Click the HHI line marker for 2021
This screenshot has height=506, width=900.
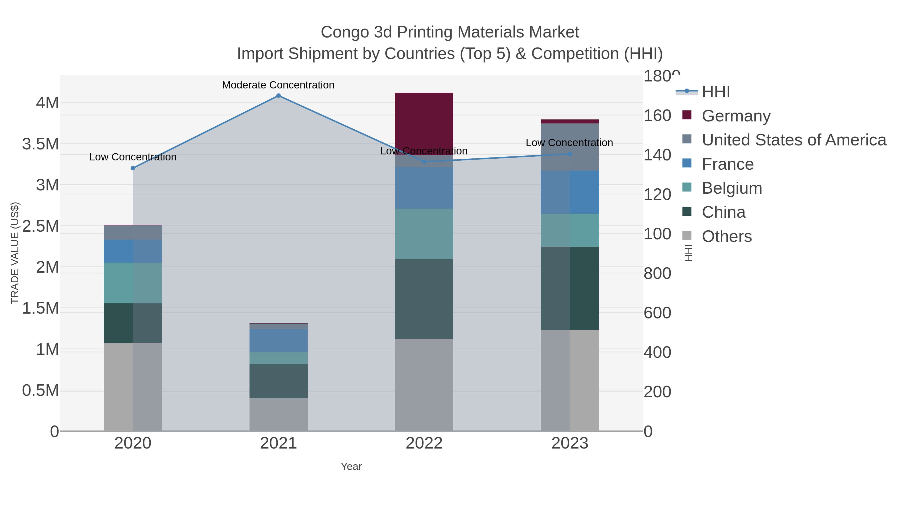(x=278, y=96)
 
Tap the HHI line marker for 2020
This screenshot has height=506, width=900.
(x=133, y=168)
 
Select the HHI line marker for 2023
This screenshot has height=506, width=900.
(x=570, y=154)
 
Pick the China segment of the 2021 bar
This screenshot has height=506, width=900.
(x=278, y=381)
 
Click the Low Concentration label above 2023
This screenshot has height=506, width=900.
(x=569, y=143)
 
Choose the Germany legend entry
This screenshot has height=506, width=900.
(x=736, y=116)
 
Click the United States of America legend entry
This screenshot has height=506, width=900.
(x=793, y=140)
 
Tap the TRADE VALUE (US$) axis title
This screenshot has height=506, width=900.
(x=15, y=253)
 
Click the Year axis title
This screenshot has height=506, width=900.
(x=351, y=467)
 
